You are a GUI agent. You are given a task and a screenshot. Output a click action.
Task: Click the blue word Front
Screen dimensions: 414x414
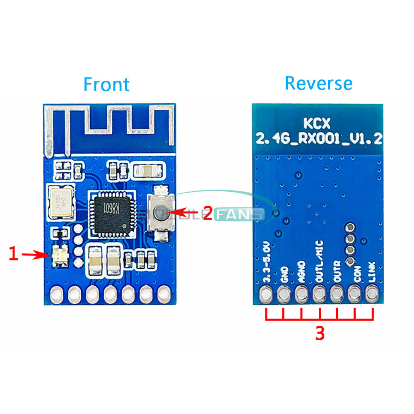click(106, 84)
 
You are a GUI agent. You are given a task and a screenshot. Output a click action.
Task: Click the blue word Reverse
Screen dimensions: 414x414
click(318, 83)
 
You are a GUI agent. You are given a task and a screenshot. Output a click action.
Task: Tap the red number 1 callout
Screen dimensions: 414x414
click(14, 253)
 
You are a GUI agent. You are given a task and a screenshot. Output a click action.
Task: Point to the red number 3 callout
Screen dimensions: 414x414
click(320, 333)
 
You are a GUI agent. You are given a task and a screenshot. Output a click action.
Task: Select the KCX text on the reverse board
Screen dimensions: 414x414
click(318, 123)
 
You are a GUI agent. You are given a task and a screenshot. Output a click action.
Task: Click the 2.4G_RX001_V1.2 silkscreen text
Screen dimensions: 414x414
click(318, 138)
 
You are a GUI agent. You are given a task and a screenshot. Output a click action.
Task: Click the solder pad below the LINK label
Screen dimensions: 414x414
click(372, 294)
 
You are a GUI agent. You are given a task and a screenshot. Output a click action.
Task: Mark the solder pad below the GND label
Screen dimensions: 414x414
click(284, 294)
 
